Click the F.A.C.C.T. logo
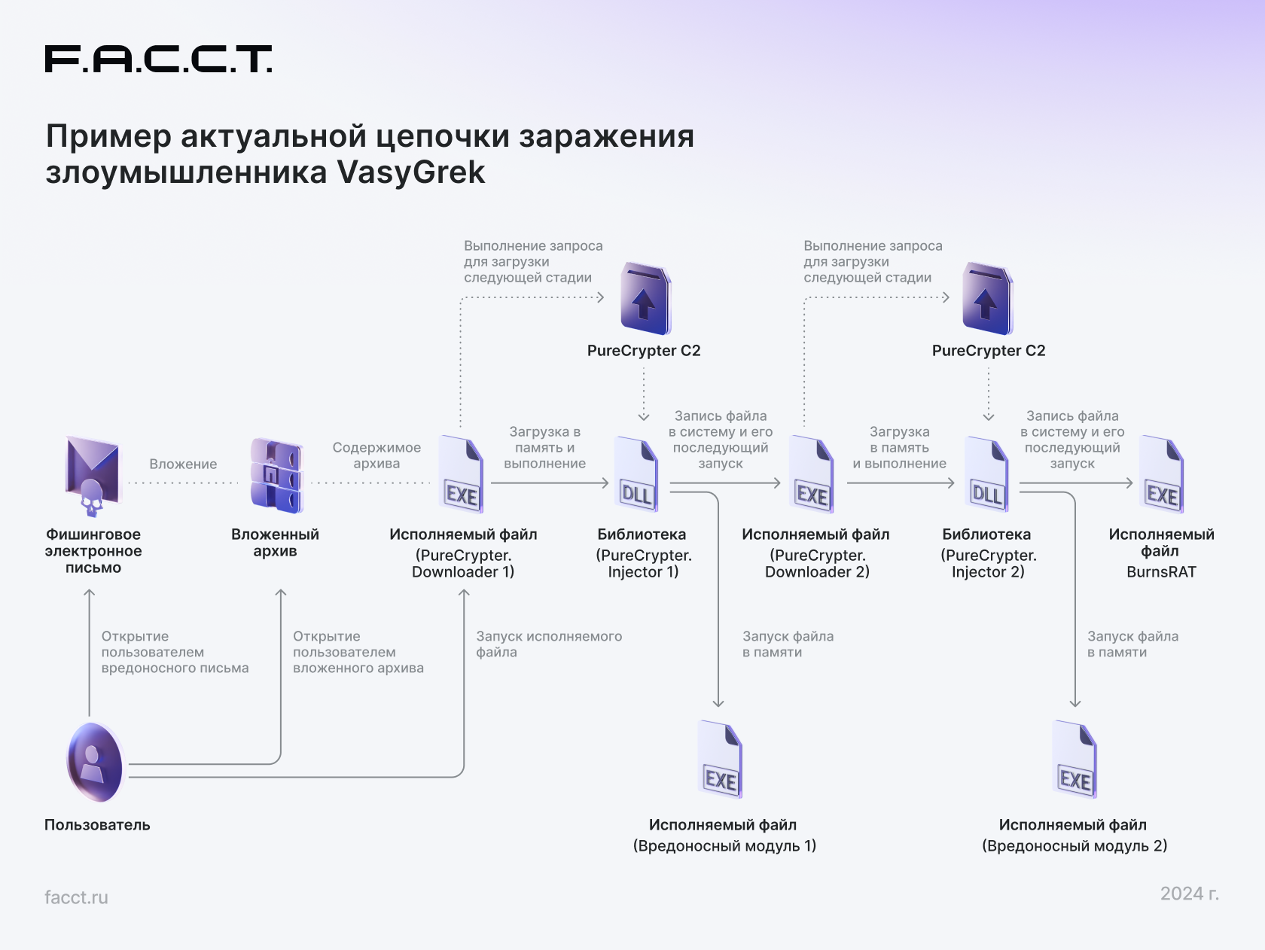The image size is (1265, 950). coord(158,59)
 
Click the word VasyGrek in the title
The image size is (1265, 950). coord(411,172)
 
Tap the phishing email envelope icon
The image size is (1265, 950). coord(92,476)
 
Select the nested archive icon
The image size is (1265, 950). coord(276,475)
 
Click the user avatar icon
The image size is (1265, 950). coord(95,763)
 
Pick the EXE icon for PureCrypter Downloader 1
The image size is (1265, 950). coord(462,474)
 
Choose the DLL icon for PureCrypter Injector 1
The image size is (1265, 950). coord(637,474)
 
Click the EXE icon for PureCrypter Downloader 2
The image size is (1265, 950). coord(812,474)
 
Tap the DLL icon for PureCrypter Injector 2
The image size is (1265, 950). coord(987,474)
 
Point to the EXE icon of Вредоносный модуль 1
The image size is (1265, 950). coord(721,760)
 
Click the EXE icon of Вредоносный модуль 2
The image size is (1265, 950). coord(1074,760)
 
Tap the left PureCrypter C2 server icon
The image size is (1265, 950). coord(645,298)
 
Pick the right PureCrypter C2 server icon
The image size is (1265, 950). coord(987,298)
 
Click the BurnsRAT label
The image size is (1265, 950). coord(1161,572)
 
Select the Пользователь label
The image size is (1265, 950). coord(97,825)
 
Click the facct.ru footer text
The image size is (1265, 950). coord(76,897)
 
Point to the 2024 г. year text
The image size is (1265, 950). coord(1190,894)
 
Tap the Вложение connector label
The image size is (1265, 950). coord(183,464)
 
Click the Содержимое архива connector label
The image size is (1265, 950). coord(377,455)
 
